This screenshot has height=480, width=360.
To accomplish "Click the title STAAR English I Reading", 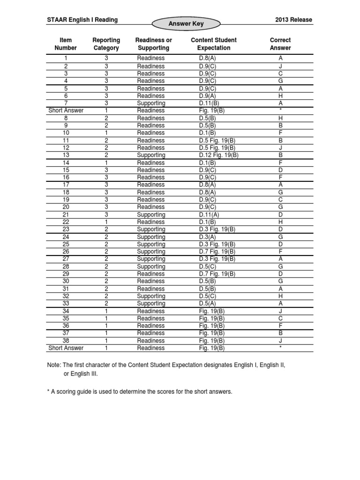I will pyautogui.click(x=82, y=20).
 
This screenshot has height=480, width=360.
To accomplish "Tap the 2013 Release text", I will pyautogui.click(x=294, y=20).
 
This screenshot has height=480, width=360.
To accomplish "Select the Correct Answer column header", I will pyautogui.click(x=280, y=44).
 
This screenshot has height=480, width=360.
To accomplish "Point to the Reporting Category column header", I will pyautogui.click(x=106, y=44).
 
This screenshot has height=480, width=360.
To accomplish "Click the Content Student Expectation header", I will pyautogui.click(x=214, y=44).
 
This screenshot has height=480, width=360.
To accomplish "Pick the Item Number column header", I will pyautogui.click(x=66, y=44).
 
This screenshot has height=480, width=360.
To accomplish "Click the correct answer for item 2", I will pyautogui.click(x=280, y=67).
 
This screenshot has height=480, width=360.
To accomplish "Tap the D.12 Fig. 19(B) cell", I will pyautogui.click(x=218, y=155).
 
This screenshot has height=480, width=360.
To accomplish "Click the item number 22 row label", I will pyautogui.click(x=66, y=222).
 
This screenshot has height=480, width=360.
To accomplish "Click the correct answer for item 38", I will pyautogui.click(x=280, y=341).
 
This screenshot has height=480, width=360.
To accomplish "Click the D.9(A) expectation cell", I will pyautogui.click(x=207, y=96).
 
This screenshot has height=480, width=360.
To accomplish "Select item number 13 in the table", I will pyautogui.click(x=66, y=155).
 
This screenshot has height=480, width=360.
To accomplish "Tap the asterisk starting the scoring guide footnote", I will pyautogui.click(x=48, y=391).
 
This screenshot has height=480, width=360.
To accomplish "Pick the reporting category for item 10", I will pyautogui.click(x=106, y=133).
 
